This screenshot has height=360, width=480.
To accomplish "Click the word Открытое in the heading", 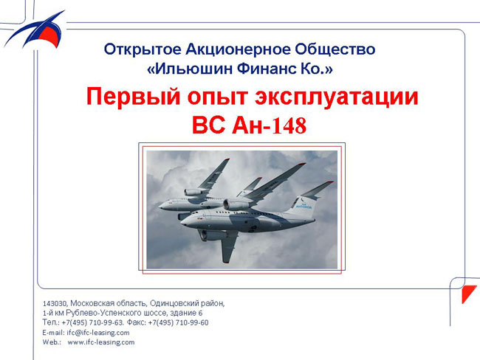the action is tap(143, 49).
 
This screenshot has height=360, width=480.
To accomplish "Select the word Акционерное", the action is tap(238, 49).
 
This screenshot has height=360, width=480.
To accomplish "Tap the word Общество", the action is tap(335, 49).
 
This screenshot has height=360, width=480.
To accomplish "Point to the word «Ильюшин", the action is tap(190, 69).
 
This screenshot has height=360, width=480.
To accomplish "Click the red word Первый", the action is tap(133, 97).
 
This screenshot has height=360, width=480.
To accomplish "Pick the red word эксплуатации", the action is tap(337, 97).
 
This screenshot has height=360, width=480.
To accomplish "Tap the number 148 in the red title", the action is tap(289, 125).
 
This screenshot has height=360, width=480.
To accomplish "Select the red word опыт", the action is tap(217, 97).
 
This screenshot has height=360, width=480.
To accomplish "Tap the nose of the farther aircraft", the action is tap(160, 206).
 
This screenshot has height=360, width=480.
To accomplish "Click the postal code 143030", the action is tap(55, 303).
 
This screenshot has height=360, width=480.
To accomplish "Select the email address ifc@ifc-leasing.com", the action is tap(98, 333).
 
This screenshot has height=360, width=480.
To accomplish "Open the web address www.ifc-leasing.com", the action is tap(101, 342).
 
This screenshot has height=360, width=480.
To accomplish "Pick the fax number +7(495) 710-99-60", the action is tap(178, 322).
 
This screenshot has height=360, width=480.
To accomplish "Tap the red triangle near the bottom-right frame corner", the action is tap(467, 292).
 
